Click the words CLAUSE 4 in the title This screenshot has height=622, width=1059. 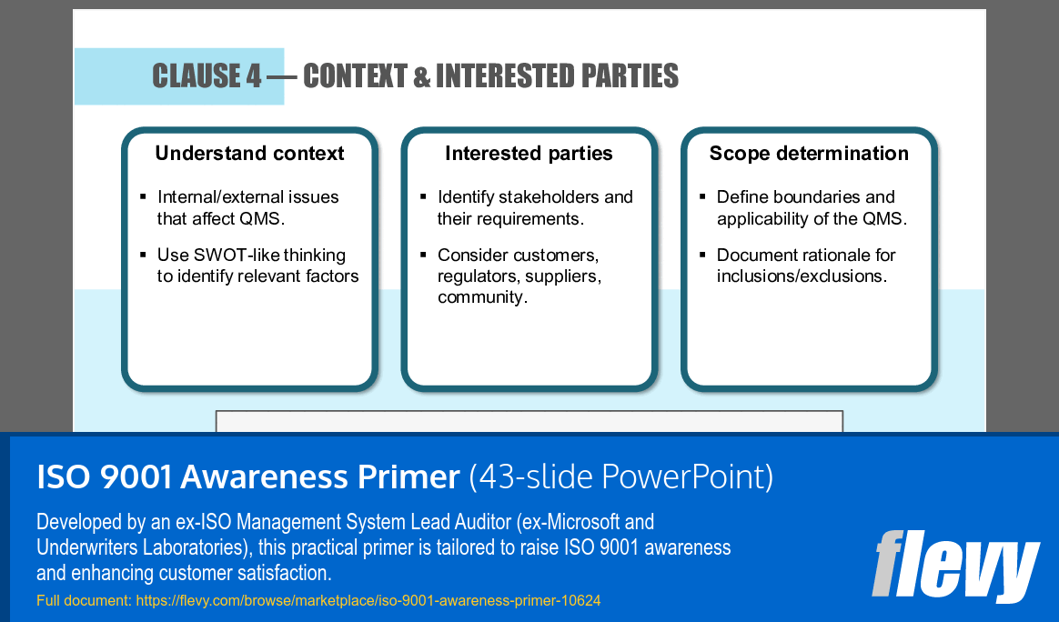tap(207, 76)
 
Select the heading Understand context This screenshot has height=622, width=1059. tap(249, 154)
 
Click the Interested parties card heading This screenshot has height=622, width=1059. tap(529, 154)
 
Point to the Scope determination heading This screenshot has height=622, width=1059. tap(809, 154)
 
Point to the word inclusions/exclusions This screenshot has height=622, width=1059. tap(801, 276)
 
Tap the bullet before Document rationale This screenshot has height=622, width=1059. tap(702, 255)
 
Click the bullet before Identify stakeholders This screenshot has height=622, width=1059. tap(423, 197)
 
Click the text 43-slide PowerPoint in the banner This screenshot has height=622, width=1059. tap(622, 477)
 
